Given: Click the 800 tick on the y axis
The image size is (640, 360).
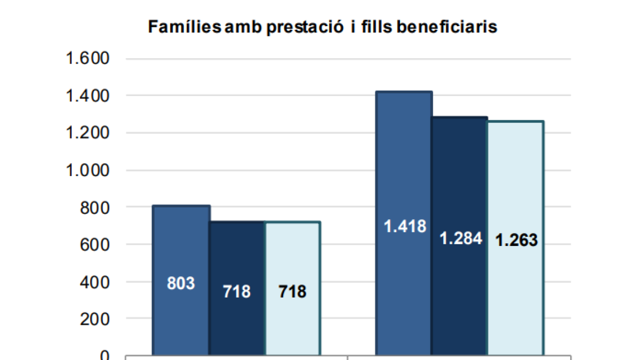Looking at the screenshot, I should point(95,207).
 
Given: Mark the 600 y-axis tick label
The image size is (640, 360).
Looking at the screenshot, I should point(95,245).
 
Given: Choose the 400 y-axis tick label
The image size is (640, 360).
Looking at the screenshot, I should point(95,282).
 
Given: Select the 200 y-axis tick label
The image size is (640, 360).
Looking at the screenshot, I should point(95,319).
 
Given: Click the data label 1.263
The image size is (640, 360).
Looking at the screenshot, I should point(516,241).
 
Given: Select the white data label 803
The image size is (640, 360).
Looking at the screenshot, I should point(181,283).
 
